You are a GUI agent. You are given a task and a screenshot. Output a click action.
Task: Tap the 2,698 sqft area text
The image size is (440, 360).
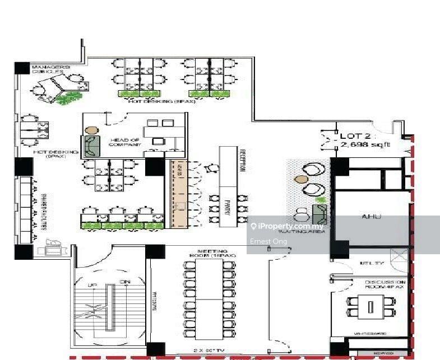(x=364, y=145)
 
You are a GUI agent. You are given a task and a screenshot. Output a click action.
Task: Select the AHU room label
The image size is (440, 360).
(x=372, y=216)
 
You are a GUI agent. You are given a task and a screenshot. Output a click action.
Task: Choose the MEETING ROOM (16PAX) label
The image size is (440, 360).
(x=216, y=253)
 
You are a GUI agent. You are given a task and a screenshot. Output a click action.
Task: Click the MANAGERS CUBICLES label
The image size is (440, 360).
(x=51, y=69)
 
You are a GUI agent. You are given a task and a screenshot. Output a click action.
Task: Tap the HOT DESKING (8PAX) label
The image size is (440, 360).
(x=155, y=101)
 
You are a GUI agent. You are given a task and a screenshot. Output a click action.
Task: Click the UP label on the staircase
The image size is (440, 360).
(x=92, y=286)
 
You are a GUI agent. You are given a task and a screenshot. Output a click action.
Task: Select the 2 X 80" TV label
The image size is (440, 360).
(x=211, y=350)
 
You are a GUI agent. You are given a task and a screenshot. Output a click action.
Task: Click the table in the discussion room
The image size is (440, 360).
(x=370, y=307)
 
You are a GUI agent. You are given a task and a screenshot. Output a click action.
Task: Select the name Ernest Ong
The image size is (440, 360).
(x=269, y=241)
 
